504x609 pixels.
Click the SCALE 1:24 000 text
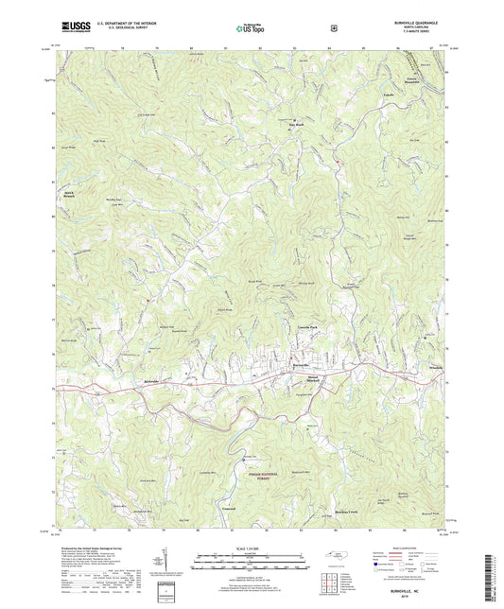click(x=250, y=546)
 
